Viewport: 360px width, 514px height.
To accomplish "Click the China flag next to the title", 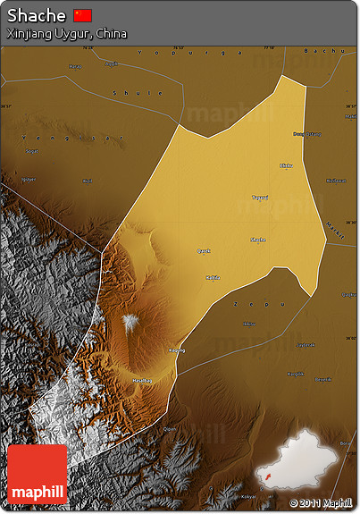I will pos(83,15).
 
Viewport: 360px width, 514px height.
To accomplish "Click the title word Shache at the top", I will pos(37,15).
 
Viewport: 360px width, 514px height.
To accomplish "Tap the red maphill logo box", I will pos(38,475).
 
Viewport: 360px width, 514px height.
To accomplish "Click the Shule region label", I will pos(125,93).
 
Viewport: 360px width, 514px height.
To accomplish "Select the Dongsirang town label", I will pos(306,134).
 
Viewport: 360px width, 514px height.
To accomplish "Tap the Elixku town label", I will pos(286,165).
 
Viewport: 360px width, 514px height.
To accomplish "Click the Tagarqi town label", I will pos(259,198).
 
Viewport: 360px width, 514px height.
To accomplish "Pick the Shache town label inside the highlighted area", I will pos(257,240).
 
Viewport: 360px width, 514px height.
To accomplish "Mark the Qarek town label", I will pos(204,251).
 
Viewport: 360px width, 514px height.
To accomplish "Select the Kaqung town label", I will pos(177,350).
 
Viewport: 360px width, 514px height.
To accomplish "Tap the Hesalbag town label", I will pos(143,381).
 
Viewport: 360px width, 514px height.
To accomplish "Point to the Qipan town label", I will pos(170,429).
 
